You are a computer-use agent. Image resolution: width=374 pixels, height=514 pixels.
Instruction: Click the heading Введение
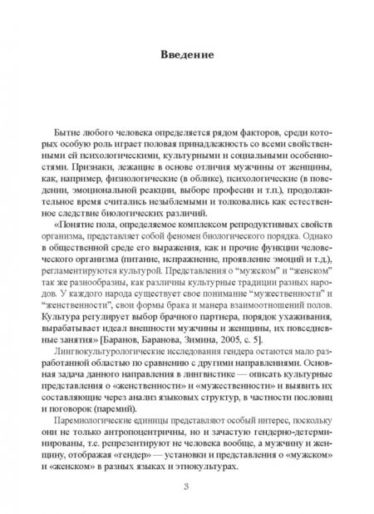(186, 57)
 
